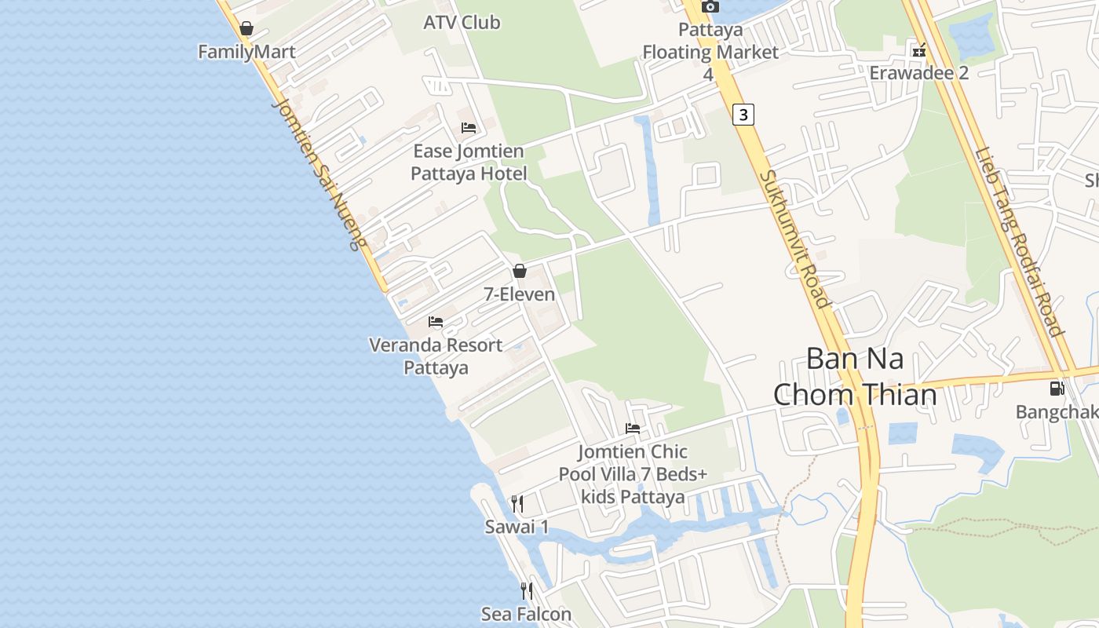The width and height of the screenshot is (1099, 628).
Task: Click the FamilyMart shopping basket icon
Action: [x=246, y=29]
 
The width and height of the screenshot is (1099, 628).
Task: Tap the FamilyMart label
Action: [x=246, y=52]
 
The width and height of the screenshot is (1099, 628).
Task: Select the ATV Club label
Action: [x=462, y=23]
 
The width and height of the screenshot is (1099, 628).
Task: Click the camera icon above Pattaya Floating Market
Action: [x=710, y=7]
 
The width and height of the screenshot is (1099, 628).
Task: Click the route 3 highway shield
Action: [x=743, y=115]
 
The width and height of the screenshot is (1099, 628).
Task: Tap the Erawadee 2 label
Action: [x=918, y=73]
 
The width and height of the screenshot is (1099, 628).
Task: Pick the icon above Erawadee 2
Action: [x=918, y=51]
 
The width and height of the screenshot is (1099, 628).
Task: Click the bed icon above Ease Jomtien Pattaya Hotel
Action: [x=469, y=128]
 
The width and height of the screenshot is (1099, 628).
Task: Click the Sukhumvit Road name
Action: [x=794, y=239]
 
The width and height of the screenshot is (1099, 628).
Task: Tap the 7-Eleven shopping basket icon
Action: [x=519, y=272]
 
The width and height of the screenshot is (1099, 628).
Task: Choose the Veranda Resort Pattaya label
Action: [x=436, y=356]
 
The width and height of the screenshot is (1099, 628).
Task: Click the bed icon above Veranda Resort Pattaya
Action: [x=436, y=322]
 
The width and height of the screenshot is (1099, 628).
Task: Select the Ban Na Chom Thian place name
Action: [x=855, y=376]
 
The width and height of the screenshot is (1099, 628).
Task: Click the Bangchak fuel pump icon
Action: [x=1057, y=389]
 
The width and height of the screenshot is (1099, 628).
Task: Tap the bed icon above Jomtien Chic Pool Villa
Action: [x=633, y=429]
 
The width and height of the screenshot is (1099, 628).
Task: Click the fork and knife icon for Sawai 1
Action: [x=517, y=503]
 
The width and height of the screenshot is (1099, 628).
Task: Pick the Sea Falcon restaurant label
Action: [x=526, y=614]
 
